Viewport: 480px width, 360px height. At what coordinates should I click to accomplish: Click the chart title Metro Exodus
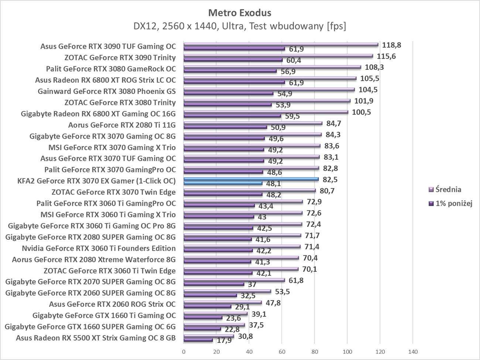(240, 13)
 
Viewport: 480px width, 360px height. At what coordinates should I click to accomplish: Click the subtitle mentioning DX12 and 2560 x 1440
(240, 26)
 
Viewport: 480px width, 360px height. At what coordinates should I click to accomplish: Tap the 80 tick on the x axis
(315, 352)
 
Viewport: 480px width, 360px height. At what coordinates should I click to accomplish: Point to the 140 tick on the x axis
(413, 352)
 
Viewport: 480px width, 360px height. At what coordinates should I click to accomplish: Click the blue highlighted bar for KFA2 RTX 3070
(251, 179)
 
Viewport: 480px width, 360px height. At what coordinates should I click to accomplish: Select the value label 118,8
(392, 45)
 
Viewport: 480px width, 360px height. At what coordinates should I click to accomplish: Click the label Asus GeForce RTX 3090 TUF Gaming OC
(108, 46)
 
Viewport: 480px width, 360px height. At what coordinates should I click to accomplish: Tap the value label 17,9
(224, 340)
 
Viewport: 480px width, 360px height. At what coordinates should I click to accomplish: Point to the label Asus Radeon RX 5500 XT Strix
(96, 338)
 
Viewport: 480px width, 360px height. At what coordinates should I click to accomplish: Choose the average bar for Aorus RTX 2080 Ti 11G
(253, 123)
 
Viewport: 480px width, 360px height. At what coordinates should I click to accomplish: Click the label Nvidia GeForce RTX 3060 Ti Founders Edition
(99, 248)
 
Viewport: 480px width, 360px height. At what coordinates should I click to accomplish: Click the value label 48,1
(274, 184)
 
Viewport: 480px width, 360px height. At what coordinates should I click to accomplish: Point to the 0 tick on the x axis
(184, 352)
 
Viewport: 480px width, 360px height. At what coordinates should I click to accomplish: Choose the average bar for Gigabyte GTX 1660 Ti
(216, 314)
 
